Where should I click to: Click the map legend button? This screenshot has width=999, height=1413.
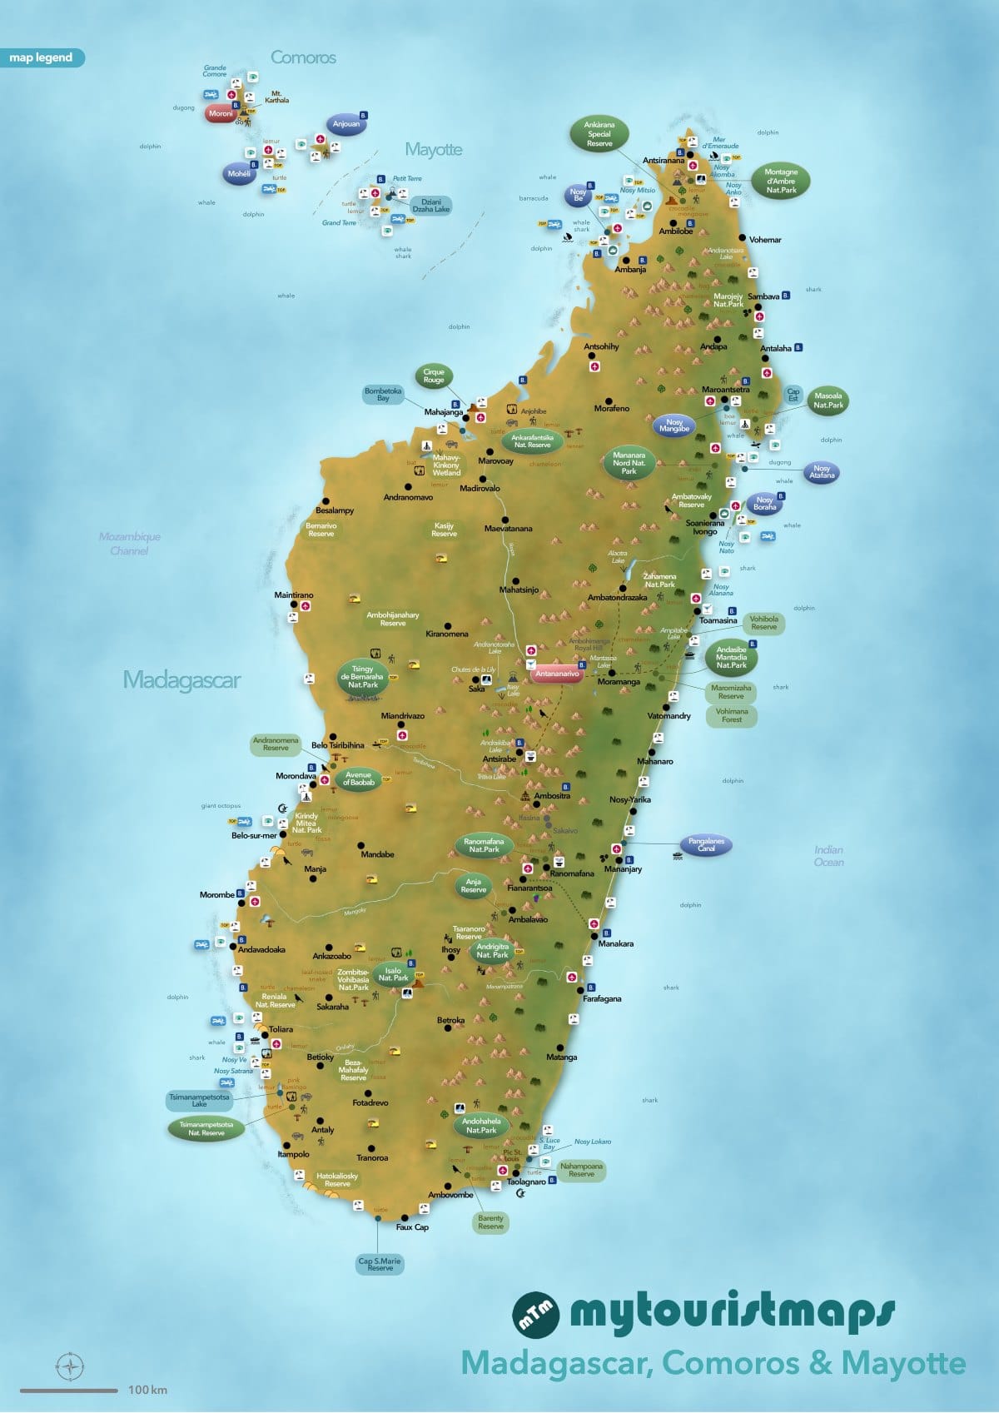pyautogui.click(x=42, y=57)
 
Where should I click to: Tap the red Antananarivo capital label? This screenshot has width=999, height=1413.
pyautogui.click(x=557, y=674)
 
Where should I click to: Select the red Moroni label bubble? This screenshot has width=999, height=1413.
pyautogui.click(x=221, y=113)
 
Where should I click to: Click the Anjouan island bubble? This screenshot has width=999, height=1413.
pyautogui.click(x=346, y=124)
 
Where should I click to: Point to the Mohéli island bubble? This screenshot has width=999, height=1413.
pyautogui.click(x=239, y=174)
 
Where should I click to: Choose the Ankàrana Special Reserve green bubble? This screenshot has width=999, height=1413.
pyautogui.click(x=599, y=134)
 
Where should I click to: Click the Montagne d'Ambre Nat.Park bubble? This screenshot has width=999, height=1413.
pyautogui.click(x=781, y=181)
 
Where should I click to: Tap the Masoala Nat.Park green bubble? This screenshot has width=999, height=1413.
pyautogui.click(x=828, y=401)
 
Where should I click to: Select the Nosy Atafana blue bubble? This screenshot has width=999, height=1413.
pyautogui.click(x=822, y=472)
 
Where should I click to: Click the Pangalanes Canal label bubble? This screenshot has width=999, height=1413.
pyautogui.click(x=706, y=845)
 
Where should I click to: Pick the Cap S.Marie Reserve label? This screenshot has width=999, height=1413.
pyautogui.click(x=380, y=1264)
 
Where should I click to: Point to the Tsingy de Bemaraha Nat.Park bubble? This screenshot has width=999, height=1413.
pyautogui.click(x=362, y=677)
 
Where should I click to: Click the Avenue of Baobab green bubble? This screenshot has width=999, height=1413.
pyautogui.click(x=358, y=779)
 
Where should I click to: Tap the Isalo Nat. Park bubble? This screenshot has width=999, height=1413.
pyautogui.click(x=393, y=974)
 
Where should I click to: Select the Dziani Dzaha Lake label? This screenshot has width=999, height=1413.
pyautogui.click(x=431, y=206)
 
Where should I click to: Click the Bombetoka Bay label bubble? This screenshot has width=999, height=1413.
pyautogui.click(x=383, y=395)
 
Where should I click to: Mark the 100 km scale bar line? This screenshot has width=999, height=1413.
pyautogui.click(x=69, y=1390)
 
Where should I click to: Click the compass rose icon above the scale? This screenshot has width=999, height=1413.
pyautogui.click(x=70, y=1366)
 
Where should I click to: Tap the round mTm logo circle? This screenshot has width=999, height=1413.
pyautogui.click(x=535, y=1314)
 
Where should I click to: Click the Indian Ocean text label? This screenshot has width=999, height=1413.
pyautogui.click(x=828, y=856)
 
